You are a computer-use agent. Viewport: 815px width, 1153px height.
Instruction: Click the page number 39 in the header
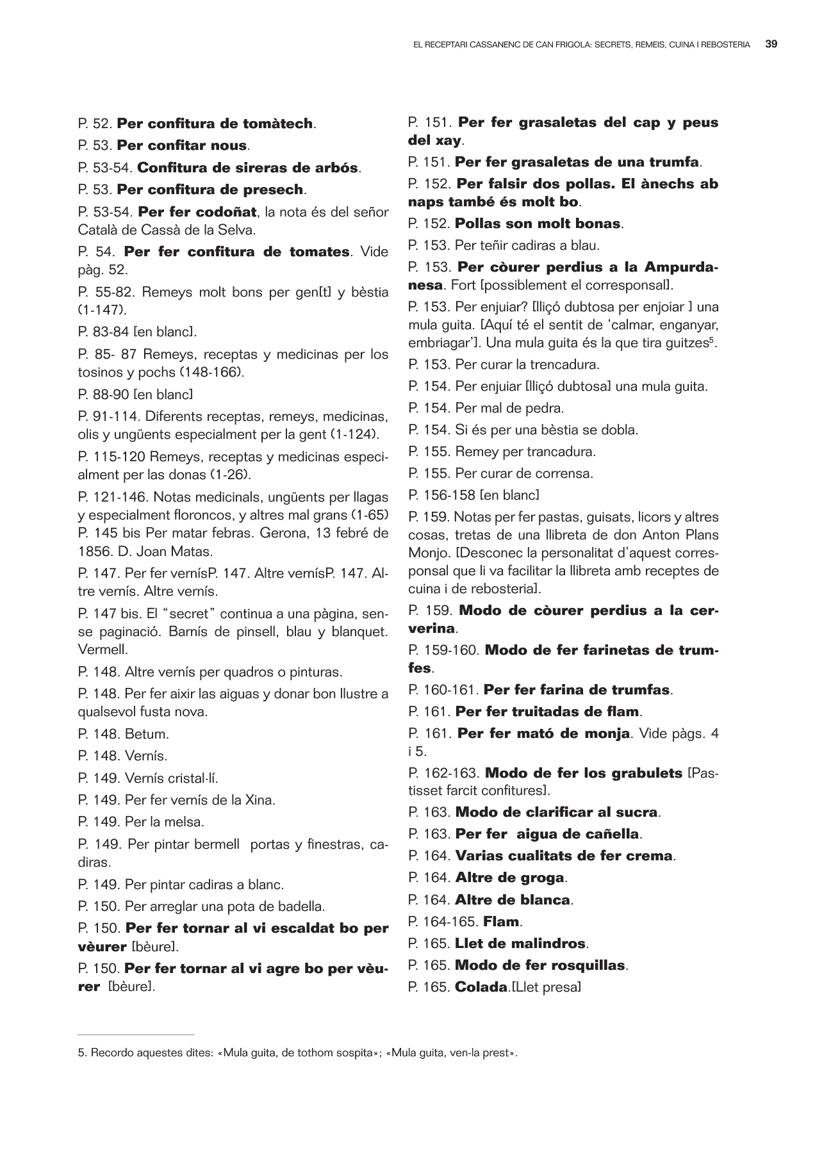pos(771,45)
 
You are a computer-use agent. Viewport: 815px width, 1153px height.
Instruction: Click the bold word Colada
pos(481,987)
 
